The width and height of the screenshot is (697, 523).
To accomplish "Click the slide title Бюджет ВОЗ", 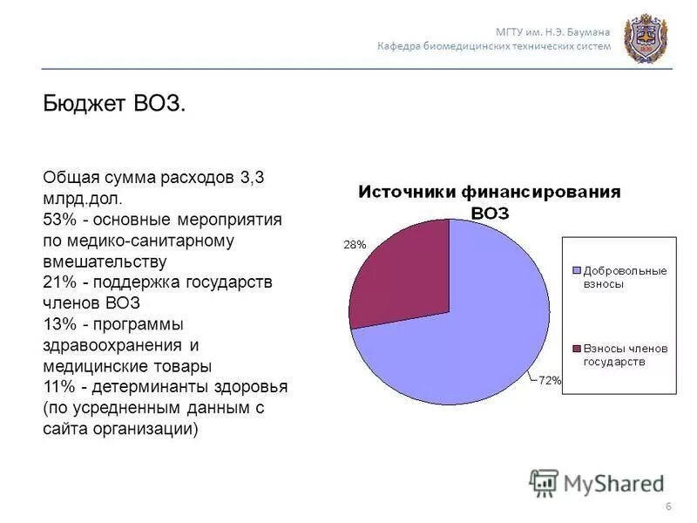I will coord(114,104).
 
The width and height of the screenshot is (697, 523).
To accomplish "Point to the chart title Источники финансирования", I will coord(491,193).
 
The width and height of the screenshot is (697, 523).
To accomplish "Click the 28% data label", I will coord(355,245).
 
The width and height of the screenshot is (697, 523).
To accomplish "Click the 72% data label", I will coord(550,380).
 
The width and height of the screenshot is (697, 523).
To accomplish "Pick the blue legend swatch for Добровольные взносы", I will coord(577,271).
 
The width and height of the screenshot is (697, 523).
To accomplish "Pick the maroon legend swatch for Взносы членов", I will coord(577,349).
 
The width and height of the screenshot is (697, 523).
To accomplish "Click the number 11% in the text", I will coord(59,387).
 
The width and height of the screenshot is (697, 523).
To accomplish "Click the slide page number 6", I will coord(667,507).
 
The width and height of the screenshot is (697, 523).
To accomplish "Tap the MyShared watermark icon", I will coord(545,482).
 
